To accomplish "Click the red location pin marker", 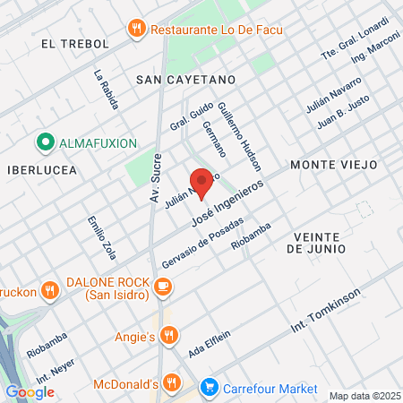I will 201,182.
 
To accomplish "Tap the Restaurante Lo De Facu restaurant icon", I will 137,28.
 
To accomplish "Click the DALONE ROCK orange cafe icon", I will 162,287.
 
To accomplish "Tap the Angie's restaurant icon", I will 171,337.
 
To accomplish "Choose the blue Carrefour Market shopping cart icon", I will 210,388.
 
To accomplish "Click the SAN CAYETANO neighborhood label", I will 184,79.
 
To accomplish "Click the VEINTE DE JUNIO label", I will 318,244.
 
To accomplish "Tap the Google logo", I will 30,391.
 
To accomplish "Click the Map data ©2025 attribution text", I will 364,396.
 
